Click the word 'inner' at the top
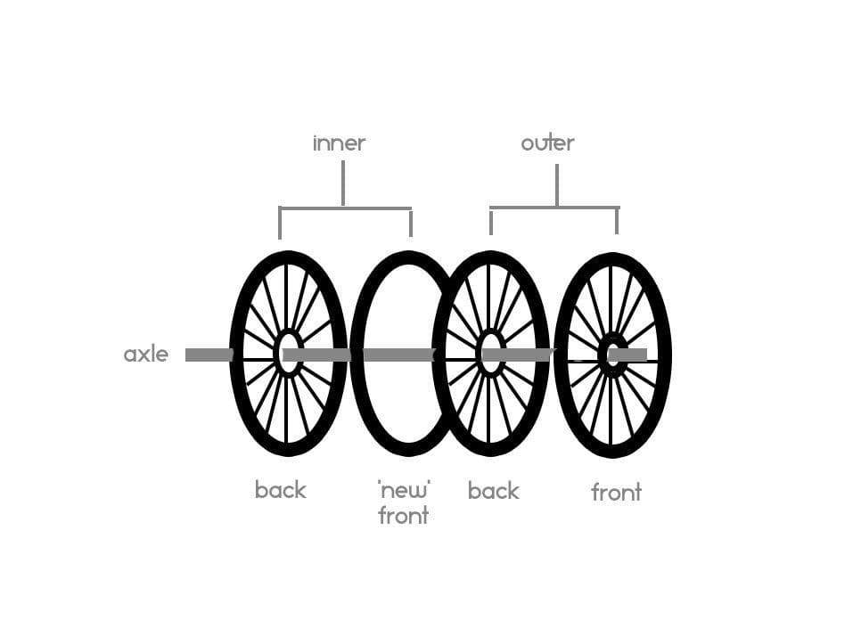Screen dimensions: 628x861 point(339,143)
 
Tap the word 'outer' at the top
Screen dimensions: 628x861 point(547,143)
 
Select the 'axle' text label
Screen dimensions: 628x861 point(146,355)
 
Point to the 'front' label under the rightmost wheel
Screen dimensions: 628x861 point(616,493)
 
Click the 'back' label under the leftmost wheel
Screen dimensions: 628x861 point(280,490)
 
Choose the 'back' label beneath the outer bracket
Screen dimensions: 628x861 point(493,491)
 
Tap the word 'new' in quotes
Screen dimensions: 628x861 point(404,489)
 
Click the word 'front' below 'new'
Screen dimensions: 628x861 point(403,515)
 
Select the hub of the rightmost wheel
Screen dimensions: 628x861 point(611,354)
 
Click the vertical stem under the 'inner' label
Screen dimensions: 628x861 point(343,184)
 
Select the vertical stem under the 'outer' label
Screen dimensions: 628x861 point(557,185)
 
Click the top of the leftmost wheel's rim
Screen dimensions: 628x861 point(287,256)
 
